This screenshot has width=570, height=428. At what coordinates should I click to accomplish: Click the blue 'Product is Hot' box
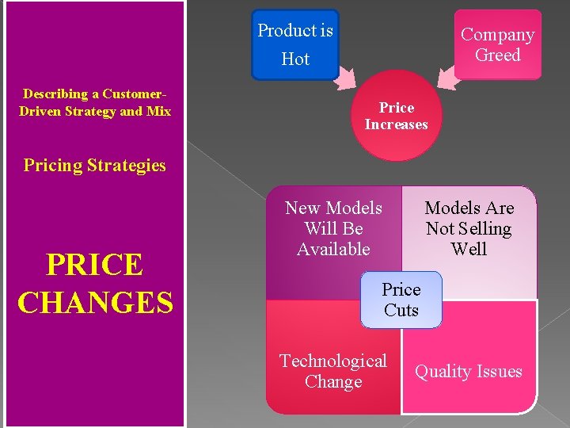pyautogui.click(x=294, y=44)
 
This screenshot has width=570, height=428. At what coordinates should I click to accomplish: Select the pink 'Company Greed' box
pyautogui.click(x=497, y=44)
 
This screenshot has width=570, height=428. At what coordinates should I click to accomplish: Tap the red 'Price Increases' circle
pyautogui.click(x=396, y=116)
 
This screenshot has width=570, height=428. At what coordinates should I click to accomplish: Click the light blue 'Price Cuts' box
pyautogui.click(x=401, y=300)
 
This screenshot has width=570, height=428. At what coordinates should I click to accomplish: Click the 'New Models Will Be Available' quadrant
pyautogui.click(x=333, y=238)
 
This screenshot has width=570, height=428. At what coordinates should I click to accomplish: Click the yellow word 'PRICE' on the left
pyautogui.click(x=94, y=265)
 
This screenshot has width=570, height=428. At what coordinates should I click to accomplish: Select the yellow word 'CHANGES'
pyautogui.click(x=95, y=301)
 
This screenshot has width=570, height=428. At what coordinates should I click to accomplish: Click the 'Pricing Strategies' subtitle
pyautogui.click(x=95, y=165)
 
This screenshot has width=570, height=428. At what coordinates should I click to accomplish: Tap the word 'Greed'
pyautogui.click(x=497, y=55)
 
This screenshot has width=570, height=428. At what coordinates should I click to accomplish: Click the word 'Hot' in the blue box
pyautogui.click(x=295, y=59)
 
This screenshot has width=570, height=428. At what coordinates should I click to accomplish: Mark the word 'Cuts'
pyautogui.click(x=401, y=310)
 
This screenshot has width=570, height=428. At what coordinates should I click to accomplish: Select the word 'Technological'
pyautogui.click(x=333, y=361)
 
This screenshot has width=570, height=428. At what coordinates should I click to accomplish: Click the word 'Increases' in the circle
pyautogui.click(x=396, y=124)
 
